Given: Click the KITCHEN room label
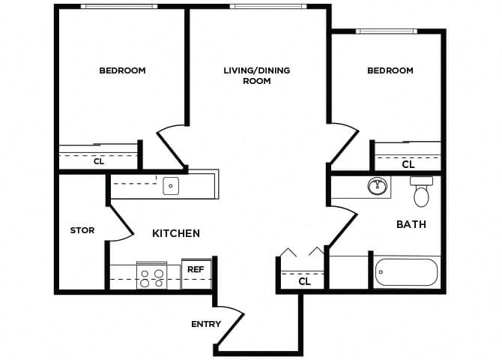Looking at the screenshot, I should [176, 233].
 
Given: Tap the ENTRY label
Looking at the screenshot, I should [206, 324].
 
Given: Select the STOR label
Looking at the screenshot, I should [82, 230].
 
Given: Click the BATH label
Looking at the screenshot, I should [411, 224].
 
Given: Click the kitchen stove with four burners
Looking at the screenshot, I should [152, 277].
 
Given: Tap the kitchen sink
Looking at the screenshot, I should [171, 185].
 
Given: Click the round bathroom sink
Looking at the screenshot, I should [378, 185].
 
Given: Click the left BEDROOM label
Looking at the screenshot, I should [122, 70].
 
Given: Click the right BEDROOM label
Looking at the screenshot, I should [390, 70].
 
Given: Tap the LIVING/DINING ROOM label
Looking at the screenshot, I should [256, 76].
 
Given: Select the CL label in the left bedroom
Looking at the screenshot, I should [99, 160].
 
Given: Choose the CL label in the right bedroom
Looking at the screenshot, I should [408, 164].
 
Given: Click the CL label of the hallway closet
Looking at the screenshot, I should [304, 282].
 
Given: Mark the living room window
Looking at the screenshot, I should [267, 7].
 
